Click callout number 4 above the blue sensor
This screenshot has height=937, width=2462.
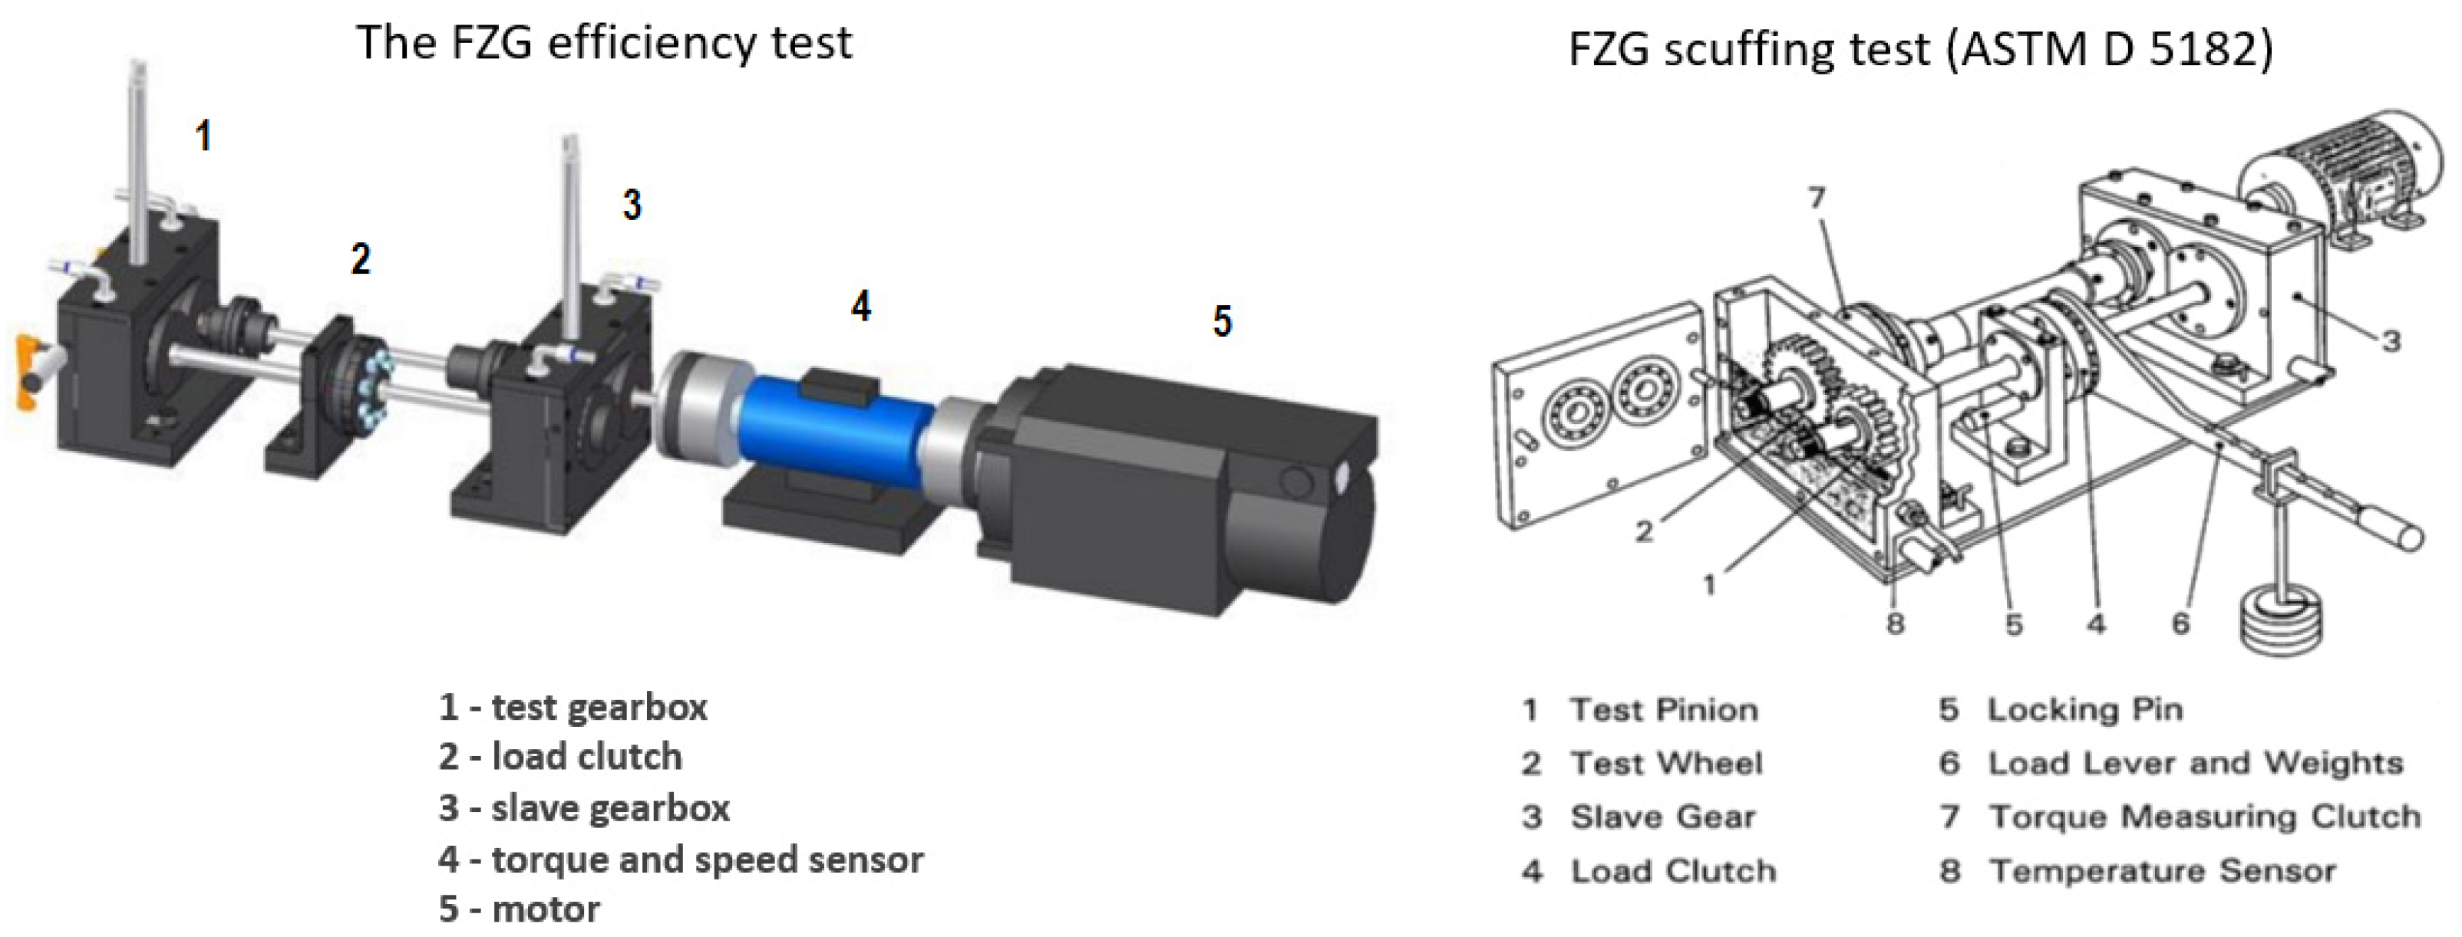pos(861,307)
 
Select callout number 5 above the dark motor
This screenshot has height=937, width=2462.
pos(1223,321)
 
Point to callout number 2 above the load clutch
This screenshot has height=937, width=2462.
pos(360,259)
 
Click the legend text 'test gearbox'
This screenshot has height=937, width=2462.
pos(599,708)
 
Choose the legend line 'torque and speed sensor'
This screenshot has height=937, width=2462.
pos(708,860)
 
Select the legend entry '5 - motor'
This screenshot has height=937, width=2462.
pos(520,909)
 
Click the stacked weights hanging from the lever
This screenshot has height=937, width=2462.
pos(2283,623)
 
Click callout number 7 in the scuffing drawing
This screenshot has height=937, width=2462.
pos(1817,198)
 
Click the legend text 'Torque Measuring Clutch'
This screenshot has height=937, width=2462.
pos(2205,817)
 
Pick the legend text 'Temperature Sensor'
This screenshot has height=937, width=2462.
pos(2163,871)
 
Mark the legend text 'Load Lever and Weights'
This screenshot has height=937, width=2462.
pos(2196,763)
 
